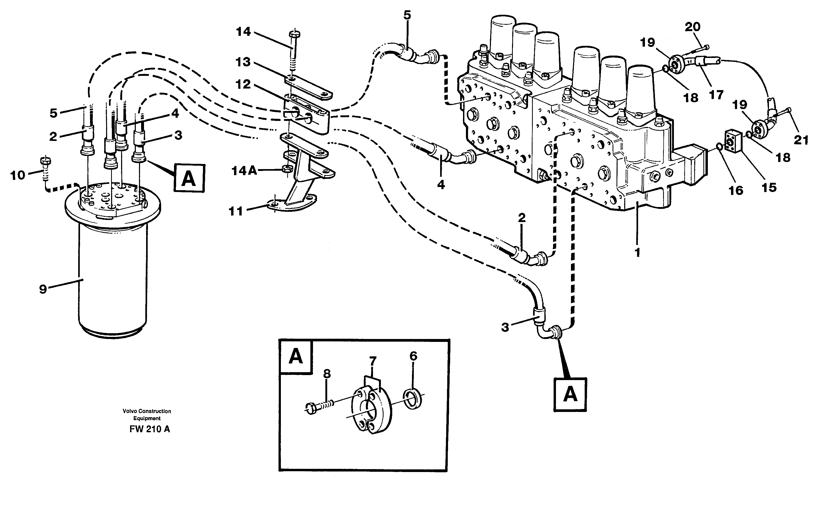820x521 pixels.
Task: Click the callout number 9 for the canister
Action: coord(43,289)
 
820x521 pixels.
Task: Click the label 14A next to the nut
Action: coord(244,171)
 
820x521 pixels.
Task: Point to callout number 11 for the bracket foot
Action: coord(236,211)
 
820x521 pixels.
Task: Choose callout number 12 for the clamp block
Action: coord(243,84)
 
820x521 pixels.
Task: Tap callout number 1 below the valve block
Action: coord(637,253)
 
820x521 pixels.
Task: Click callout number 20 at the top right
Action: coord(692,27)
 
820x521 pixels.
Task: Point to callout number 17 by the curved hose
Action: coord(716,95)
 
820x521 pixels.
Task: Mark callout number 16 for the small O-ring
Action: coord(735,190)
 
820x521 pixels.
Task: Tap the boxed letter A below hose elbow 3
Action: coord(570,394)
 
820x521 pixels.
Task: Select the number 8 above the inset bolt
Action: coord(327,374)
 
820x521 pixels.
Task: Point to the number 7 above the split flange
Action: coord(372,361)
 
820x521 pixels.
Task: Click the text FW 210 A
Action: coord(150,429)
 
